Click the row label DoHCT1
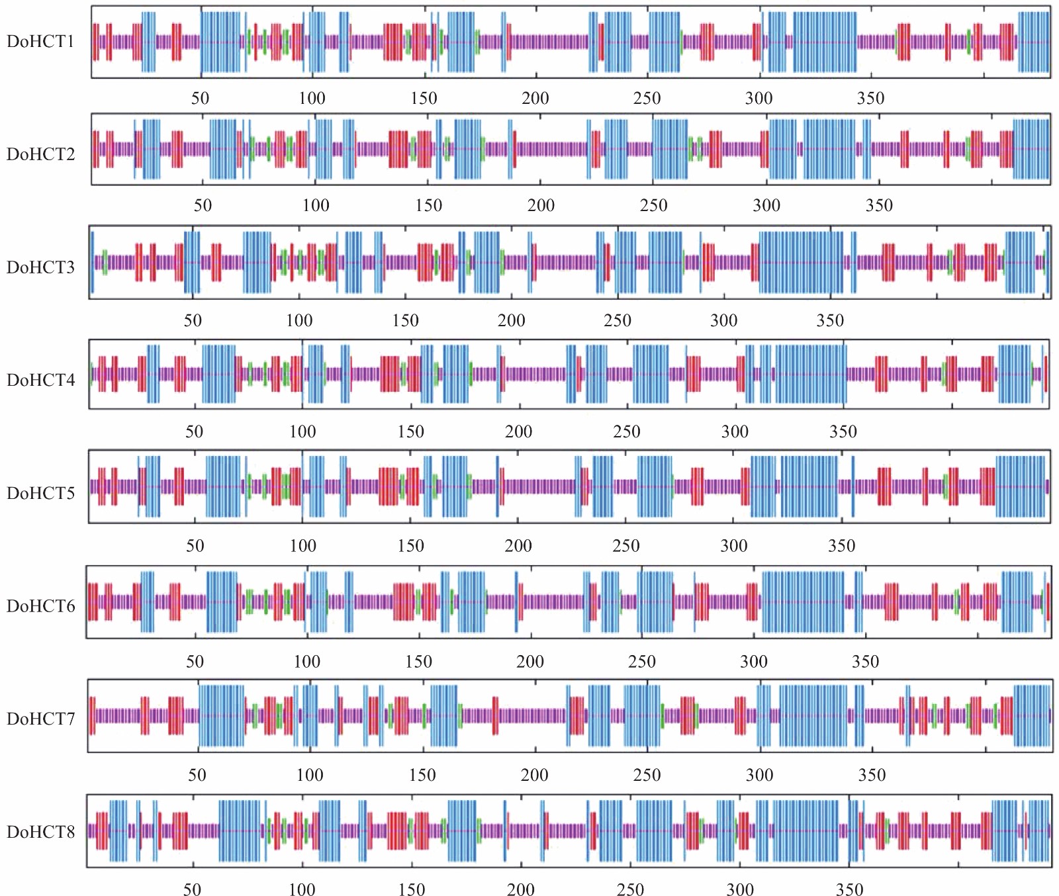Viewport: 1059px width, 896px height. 40,42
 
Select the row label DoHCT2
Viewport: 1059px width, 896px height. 40,154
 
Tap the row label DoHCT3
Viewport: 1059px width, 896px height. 40,267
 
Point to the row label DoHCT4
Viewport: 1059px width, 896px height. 40,380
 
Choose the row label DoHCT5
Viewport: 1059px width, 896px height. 40,493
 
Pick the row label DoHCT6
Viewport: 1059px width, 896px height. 40,606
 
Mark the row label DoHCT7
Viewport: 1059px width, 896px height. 40,719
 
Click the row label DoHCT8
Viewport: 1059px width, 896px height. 40,832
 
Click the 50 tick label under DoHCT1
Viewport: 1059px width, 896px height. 200,99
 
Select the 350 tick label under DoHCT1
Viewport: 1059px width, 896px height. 870,99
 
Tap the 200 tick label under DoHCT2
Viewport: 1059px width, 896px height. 541,205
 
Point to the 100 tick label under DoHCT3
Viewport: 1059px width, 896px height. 299,321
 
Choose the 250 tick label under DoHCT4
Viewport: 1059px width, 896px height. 626,432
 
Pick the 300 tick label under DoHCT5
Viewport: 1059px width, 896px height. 733,546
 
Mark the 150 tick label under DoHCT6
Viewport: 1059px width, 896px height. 418,662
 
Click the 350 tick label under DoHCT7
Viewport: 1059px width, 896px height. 872,775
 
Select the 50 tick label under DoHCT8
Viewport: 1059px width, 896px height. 192,889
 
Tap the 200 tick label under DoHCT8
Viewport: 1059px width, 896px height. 520,889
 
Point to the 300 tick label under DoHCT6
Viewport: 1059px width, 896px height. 753,662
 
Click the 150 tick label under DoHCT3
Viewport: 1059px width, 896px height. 405,321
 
